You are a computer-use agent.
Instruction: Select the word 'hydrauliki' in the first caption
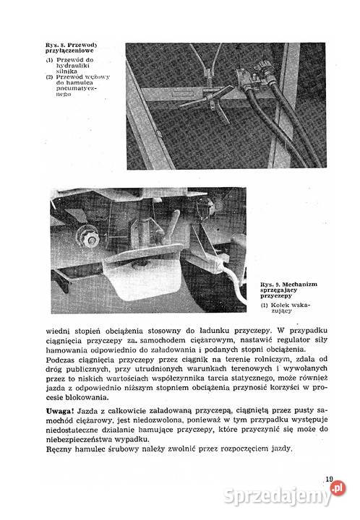click(x=69, y=64)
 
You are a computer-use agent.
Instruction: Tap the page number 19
click(x=328, y=477)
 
